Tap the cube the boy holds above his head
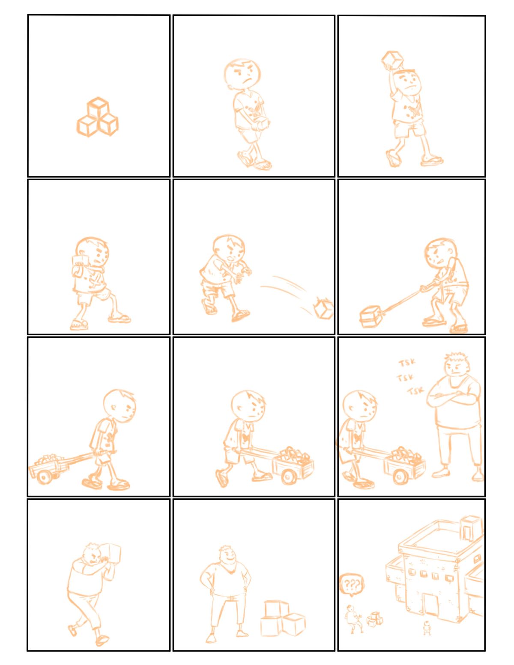[392, 60]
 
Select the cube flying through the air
[323, 310]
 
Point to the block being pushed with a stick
[371, 317]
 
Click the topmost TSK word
[407, 363]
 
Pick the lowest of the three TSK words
[416, 391]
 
